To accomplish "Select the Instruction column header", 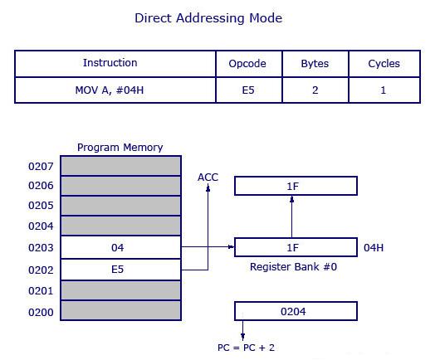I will pos(110,63).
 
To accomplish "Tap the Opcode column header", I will pos(247,63).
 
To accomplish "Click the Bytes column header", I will pos(315,63).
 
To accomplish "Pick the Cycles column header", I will pos(384,63).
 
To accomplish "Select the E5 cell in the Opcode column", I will pos(247,90).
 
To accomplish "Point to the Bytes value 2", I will pos(315,90).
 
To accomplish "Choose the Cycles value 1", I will pos(384,90).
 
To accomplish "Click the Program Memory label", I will pos(120,148).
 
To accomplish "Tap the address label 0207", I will pos(41,166).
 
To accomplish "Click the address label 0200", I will pos(41,312).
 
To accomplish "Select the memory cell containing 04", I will pos(120,247).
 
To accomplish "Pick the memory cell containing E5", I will pos(120,269).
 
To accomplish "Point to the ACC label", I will pos(208,178).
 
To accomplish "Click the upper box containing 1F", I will pos(296,186).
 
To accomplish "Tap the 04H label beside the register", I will pos(374,247).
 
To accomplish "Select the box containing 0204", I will pos(296,312).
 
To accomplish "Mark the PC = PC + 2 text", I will pos(246,348).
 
